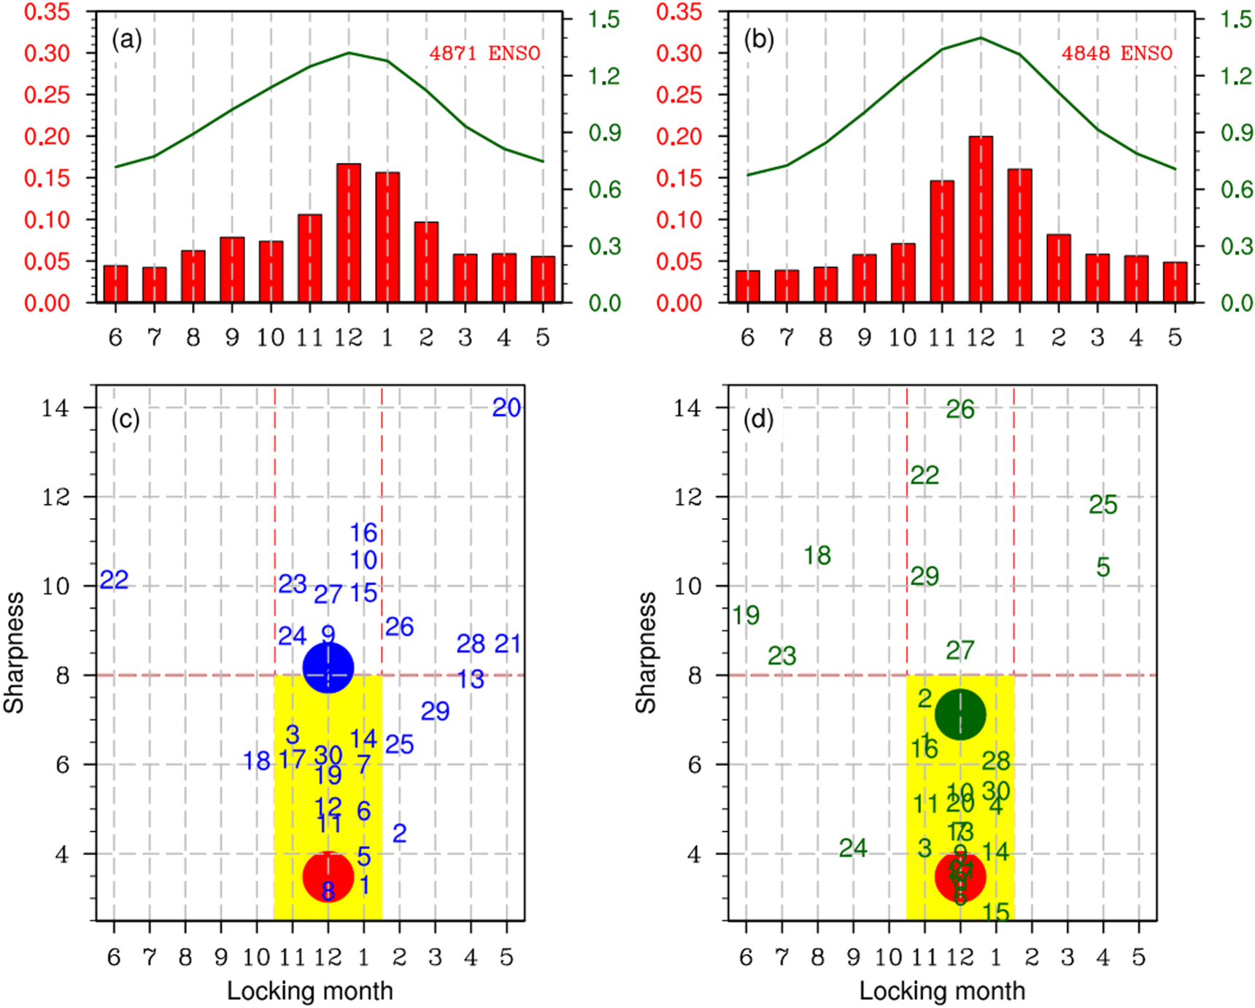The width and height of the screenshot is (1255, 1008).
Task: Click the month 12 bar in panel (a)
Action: [348, 233]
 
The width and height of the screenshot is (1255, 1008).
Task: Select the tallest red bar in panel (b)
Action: [980, 219]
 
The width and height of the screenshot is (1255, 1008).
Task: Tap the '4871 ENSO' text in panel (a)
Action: [484, 53]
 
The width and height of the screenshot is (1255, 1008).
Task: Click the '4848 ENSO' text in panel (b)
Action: [1116, 53]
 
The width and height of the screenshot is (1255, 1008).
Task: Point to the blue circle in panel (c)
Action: [328, 667]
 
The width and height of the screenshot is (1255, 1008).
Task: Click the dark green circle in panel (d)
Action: [960, 714]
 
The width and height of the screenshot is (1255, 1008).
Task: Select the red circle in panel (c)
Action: [328, 876]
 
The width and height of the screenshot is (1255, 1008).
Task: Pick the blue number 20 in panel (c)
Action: [506, 408]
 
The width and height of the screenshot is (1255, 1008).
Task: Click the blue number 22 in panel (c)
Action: [115, 580]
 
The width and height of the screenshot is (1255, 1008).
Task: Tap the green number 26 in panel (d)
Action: [960, 410]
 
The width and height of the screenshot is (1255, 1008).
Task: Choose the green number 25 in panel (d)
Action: [1103, 505]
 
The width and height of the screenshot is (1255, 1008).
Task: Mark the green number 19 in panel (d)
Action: [746, 616]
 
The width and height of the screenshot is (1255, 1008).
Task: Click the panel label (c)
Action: [125, 419]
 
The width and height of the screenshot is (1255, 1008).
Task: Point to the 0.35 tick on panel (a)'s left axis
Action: [47, 12]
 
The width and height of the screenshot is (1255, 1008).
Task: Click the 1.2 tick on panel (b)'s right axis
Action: [1236, 76]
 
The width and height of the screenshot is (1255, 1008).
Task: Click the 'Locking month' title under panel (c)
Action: [309, 990]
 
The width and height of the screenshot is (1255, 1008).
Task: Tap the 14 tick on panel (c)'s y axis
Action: [55, 408]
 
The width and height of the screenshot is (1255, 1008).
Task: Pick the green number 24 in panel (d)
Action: [852, 848]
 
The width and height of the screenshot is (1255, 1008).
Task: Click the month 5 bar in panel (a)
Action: [542, 279]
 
